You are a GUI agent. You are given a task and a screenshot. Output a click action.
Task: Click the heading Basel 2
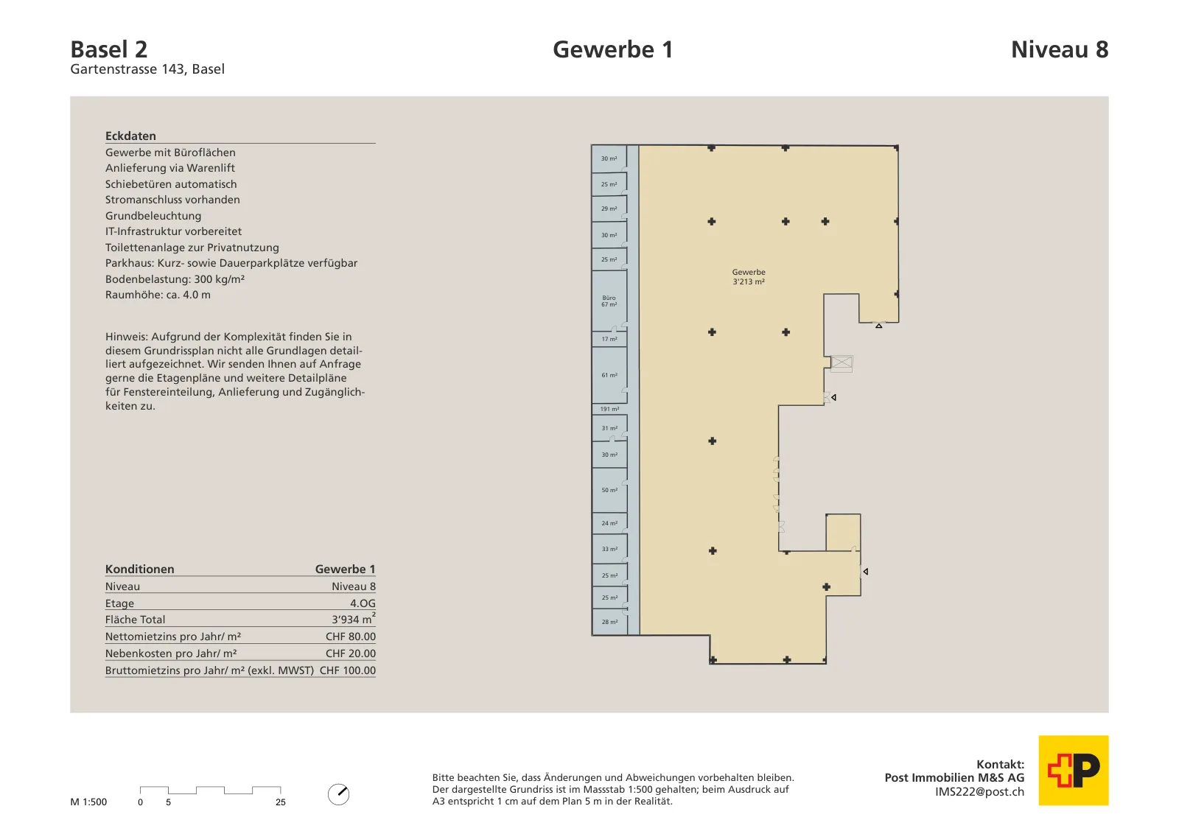109,49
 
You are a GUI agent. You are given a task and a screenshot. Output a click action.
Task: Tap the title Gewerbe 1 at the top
612,49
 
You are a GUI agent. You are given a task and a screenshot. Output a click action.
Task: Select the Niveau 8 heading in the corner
1060,49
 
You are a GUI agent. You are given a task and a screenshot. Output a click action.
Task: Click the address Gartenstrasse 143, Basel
147,69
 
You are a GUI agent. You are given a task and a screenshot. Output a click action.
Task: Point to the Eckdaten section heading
130,136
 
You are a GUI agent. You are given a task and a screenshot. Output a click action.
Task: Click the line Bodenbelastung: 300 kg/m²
175,279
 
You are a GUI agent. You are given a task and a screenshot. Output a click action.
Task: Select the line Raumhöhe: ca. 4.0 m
158,295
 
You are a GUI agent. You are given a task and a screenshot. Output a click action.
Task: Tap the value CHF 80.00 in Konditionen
351,636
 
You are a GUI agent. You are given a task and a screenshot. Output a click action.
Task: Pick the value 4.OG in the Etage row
363,603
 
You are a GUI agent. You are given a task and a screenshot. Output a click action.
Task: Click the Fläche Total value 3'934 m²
354,619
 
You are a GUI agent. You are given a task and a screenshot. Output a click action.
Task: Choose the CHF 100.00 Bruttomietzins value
348,670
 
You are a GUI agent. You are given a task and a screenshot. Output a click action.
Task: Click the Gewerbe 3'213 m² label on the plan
749,277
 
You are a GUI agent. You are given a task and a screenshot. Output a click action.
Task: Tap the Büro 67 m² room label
609,301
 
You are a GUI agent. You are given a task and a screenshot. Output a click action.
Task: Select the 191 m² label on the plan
609,409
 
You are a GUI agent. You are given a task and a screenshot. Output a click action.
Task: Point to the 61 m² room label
609,375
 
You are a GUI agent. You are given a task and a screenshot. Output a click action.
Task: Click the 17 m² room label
609,339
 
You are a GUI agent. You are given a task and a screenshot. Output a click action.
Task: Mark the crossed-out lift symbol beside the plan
841,363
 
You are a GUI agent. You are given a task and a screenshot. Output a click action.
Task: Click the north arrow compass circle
338,794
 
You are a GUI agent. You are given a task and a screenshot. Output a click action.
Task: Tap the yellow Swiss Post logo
1073,770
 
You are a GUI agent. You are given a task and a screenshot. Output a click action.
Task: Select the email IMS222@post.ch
979,791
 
